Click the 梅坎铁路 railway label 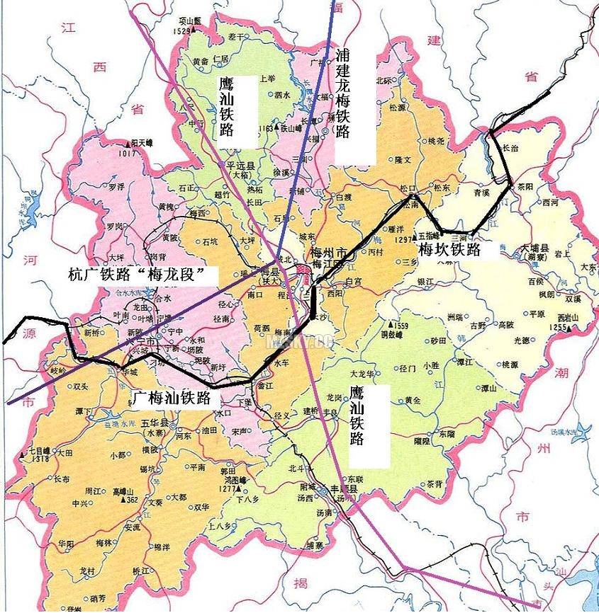click(449, 249)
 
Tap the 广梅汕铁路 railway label click(172, 398)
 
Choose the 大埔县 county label click(535, 249)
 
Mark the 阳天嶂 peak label click(136, 143)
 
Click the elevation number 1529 click(182, 30)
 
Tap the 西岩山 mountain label click(569, 317)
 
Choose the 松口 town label click(406, 188)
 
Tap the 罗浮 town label click(116, 188)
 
